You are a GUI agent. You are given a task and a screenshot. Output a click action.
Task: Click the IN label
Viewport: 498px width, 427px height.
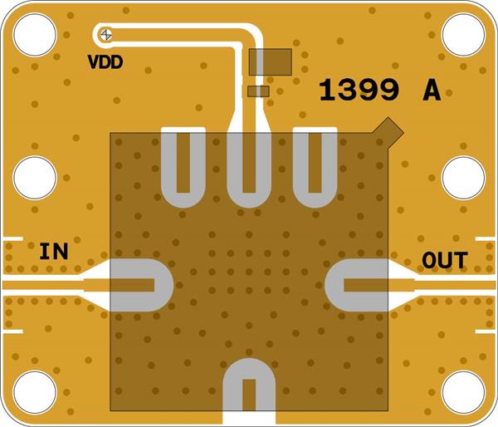click(x=55, y=251)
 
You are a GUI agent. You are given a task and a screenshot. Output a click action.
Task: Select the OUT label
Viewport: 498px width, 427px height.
click(x=444, y=260)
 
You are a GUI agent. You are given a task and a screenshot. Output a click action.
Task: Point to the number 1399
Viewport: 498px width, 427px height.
click(x=359, y=91)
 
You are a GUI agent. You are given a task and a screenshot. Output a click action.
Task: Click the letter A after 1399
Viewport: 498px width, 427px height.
click(x=432, y=91)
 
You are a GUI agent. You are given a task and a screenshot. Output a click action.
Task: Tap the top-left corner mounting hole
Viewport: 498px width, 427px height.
click(x=35, y=34)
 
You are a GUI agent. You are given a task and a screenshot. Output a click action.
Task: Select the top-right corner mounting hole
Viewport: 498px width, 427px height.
click(x=463, y=34)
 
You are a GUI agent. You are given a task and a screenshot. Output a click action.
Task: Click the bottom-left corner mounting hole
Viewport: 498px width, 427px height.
click(x=35, y=392)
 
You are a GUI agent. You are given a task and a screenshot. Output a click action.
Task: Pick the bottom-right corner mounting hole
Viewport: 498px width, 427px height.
click(x=463, y=392)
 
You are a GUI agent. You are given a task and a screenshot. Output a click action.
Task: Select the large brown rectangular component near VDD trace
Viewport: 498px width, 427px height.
click(x=270, y=61)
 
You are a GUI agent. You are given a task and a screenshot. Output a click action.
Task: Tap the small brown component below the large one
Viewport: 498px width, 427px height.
click(x=260, y=91)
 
